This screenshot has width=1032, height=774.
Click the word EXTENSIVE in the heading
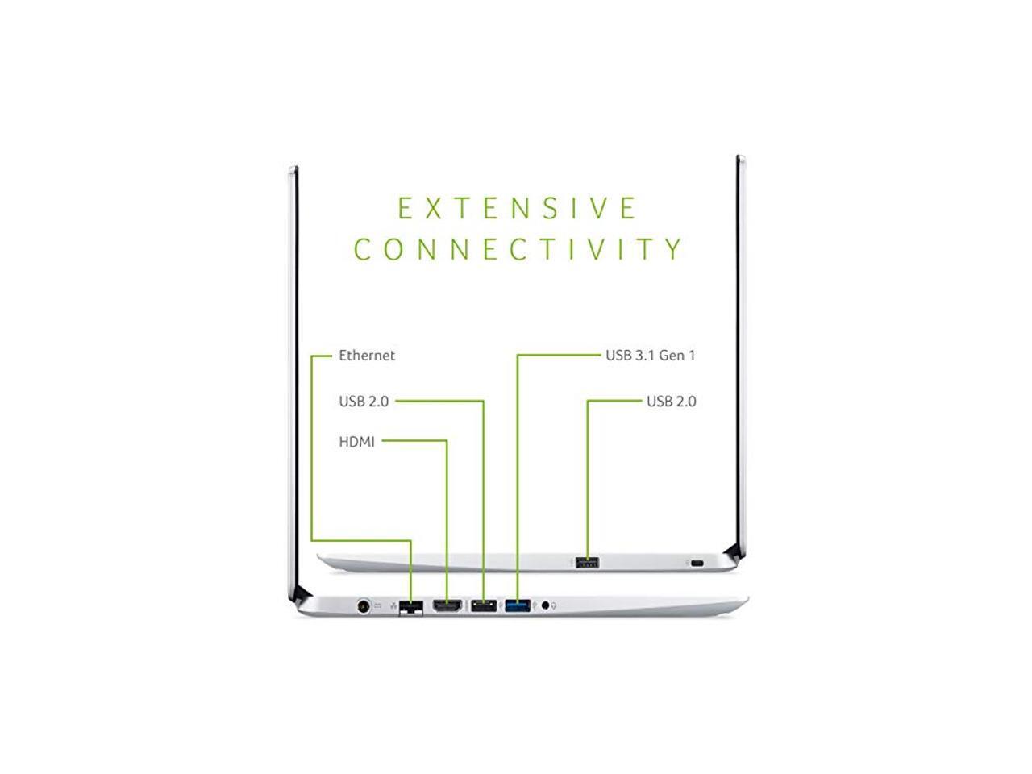pyautogui.click(x=518, y=209)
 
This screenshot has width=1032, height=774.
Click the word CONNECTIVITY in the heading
pyautogui.click(x=518, y=249)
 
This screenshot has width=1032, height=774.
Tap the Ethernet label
pyautogui.click(x=367, y=356)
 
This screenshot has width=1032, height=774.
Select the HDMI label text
pyautogui.click(x=357, y=442)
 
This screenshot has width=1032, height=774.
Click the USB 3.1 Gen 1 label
pyautogui.click(x=650, y=356)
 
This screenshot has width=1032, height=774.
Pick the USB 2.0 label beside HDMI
pyautogui.click(x=364, y=402)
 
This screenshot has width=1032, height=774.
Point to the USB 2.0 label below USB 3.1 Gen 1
pyautogui.click(x=671, y=402)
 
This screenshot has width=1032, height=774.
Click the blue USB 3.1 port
pyautogui.click(x=518, y=605)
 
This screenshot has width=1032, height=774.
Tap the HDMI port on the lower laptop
pyautogui.click(x=447, y=605)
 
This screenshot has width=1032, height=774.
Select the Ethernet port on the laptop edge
pyautogui.click(x=412, y=606)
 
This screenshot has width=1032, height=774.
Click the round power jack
pyautogui.click(x=364, y=605)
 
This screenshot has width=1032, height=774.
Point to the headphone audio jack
pyautogui.click(x=546, y=605)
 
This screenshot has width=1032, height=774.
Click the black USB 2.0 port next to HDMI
pyautogui.click(x=483, y=605)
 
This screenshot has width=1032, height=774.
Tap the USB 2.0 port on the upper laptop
pyautogui.click(x=587, y=562)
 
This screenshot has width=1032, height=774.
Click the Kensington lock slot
pyautogui.click(x=698, y=563)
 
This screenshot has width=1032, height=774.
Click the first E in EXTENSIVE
pyautogui.click(x=406, y=209)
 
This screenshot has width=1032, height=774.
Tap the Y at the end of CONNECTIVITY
pyautogui.click(x=675, y=249)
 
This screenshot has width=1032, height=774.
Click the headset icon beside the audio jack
pyautogui.click(x=556, y=605)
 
